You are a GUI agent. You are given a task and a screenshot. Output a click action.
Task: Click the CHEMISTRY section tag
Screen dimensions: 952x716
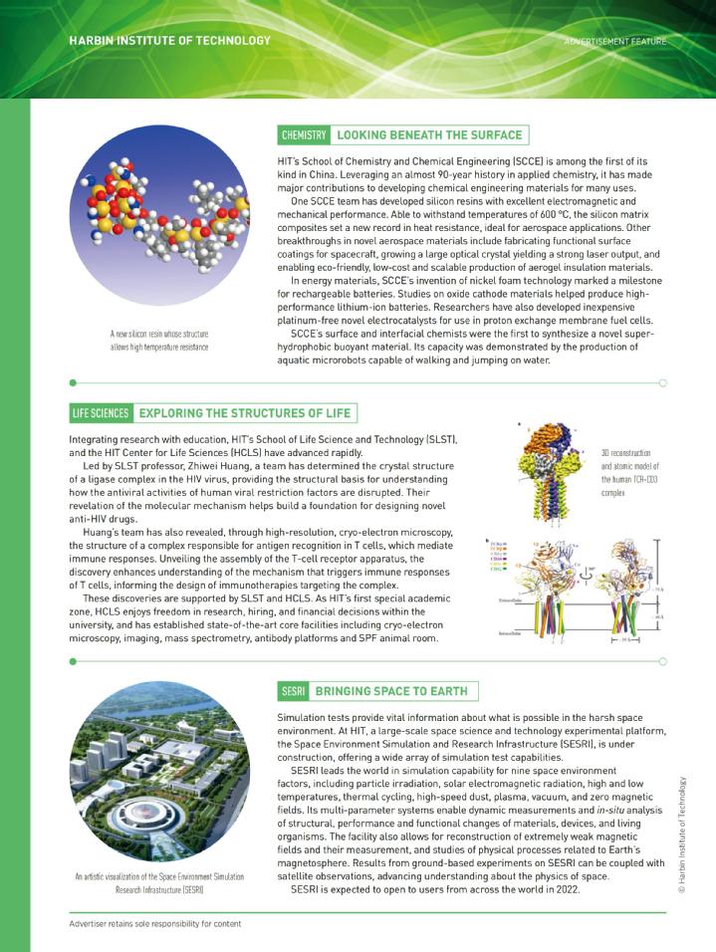[304, 134]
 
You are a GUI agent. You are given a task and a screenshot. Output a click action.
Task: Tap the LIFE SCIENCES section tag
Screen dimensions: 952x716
[101, 413]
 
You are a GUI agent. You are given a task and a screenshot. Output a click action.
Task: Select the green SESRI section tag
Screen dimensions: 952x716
[292, 691]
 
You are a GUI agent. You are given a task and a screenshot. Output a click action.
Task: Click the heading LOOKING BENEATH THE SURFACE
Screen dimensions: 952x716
[428, 134]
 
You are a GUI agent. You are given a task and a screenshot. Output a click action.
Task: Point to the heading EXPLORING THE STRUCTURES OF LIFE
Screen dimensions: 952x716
[244, 413]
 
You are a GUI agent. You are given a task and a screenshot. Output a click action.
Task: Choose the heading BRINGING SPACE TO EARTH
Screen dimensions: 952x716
[389, 691]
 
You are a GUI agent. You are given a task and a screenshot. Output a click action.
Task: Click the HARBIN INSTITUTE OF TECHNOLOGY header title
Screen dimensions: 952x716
[169, 41]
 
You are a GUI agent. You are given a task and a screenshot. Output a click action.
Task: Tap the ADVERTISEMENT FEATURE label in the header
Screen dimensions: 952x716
[614, 41]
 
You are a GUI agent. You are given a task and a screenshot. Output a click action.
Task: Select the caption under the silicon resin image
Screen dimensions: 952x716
[159, 341]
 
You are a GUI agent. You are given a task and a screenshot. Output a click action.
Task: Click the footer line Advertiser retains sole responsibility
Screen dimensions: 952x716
[155, 923]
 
